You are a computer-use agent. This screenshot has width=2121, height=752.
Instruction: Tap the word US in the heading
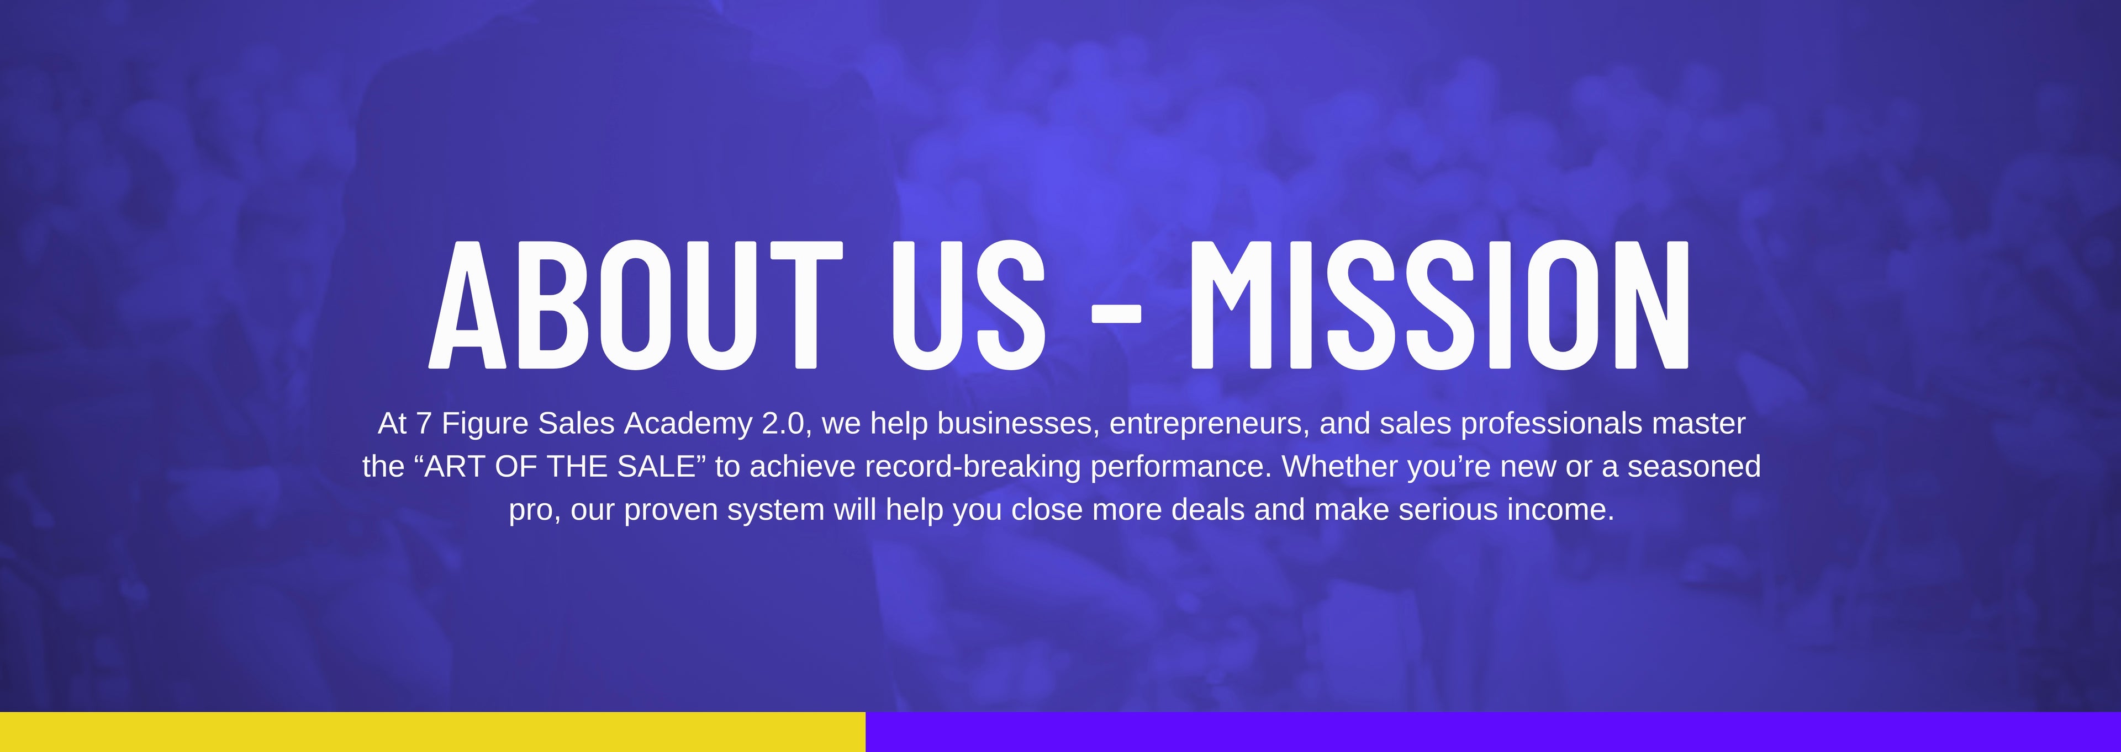pos(968,305)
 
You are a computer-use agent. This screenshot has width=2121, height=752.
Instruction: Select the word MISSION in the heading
pos(1438,305)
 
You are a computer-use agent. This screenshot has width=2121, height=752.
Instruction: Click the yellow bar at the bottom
pos(432,732)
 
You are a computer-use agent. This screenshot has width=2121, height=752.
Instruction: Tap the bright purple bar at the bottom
pos(1493,732)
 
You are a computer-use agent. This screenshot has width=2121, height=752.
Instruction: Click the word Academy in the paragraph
pos(688,424)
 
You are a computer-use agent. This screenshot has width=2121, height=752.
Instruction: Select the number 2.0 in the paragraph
pos(782,423)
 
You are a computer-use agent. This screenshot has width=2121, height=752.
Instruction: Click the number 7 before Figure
pos(424,423)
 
